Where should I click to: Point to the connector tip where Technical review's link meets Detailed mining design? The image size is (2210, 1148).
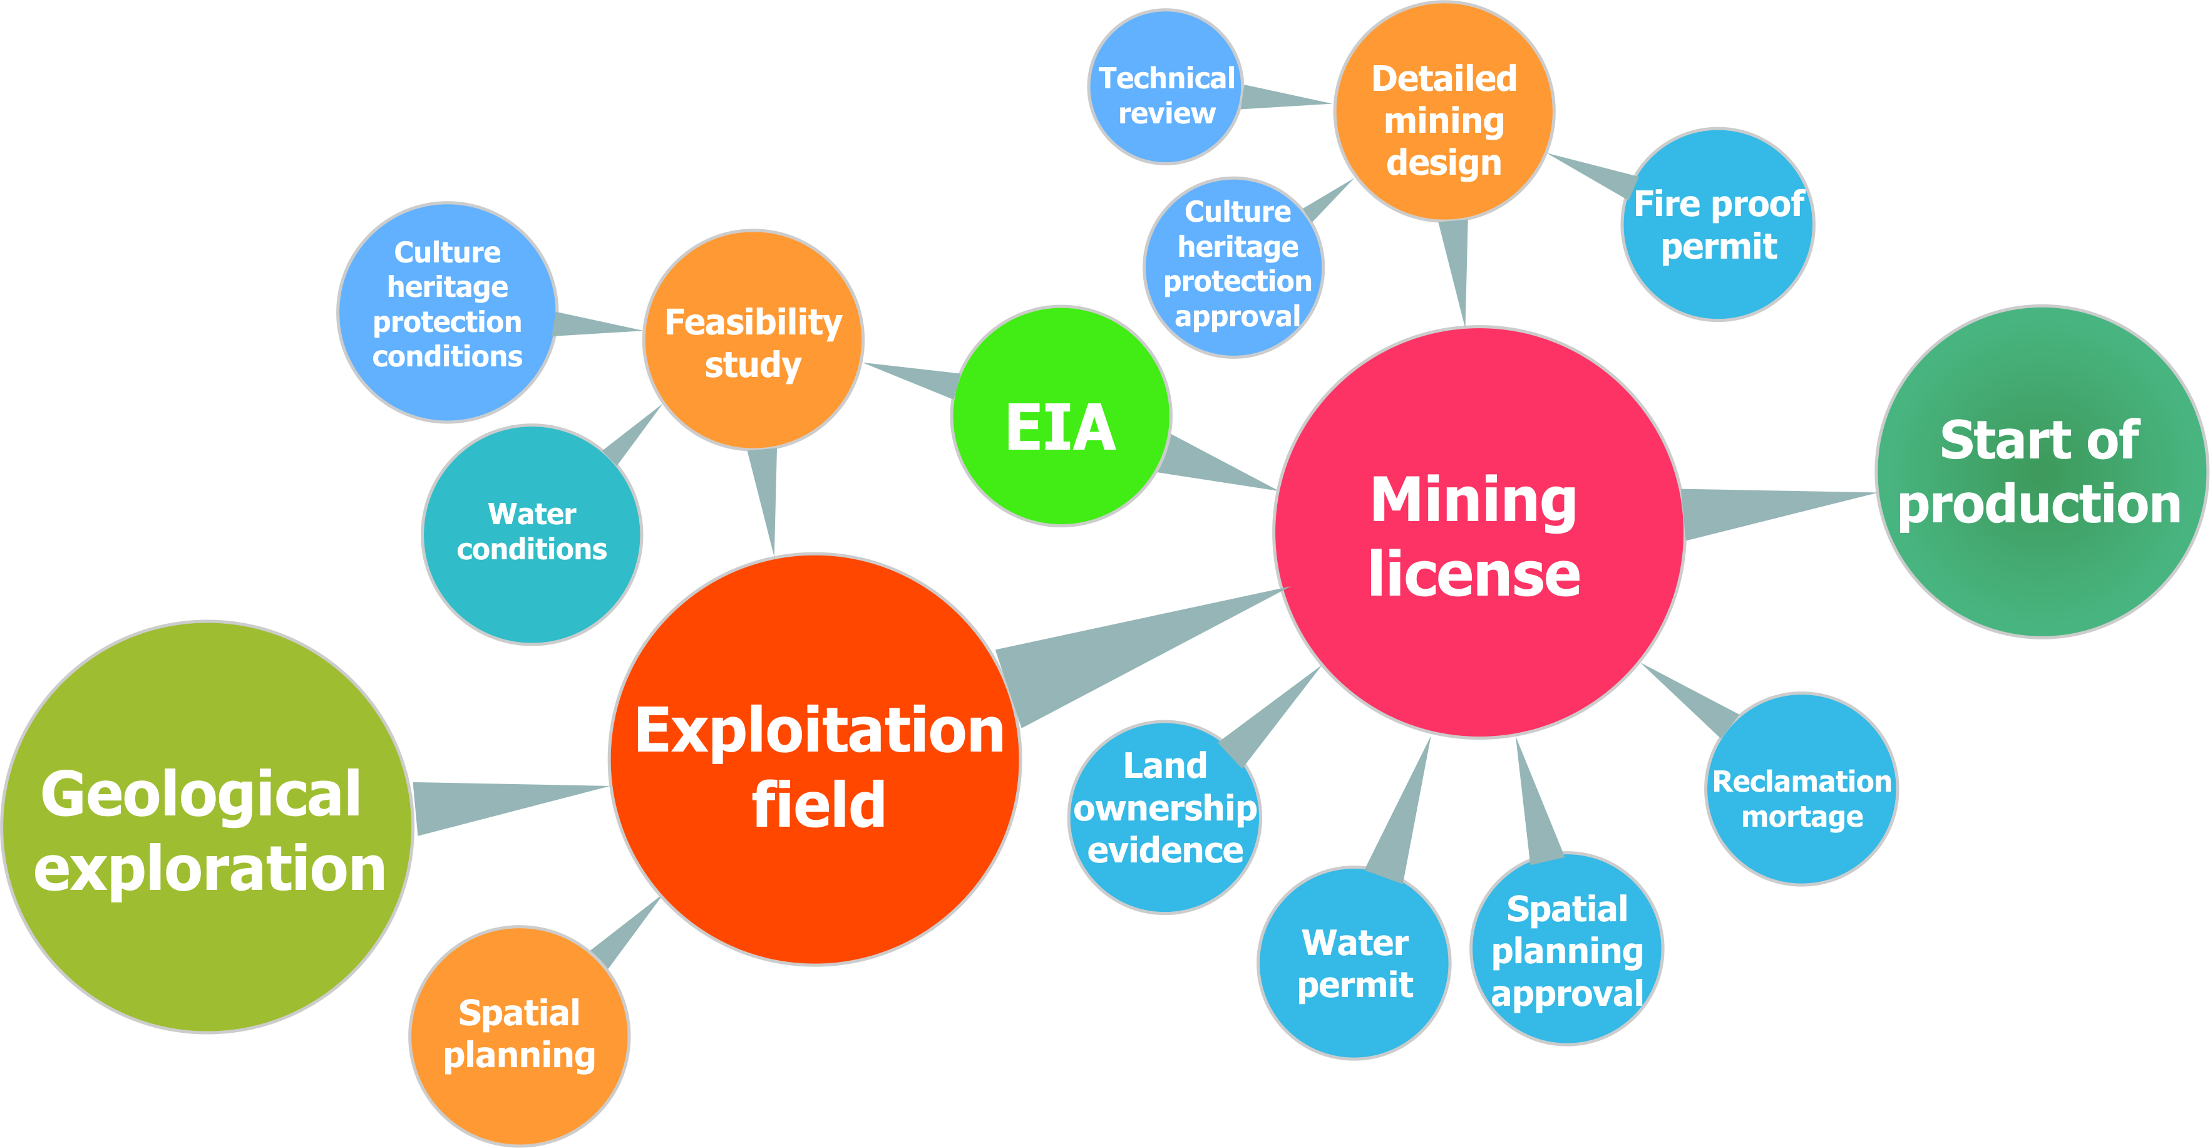click(1332, 104)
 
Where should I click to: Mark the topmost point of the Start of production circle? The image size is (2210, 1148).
click(2042, 307)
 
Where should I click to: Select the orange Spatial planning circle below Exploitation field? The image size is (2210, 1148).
click(520, 1037)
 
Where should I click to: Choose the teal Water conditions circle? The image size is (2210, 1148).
click(532, 534)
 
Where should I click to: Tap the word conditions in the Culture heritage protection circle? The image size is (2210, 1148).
click(447, 356)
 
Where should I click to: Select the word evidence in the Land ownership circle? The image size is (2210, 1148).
click(1165, 851)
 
